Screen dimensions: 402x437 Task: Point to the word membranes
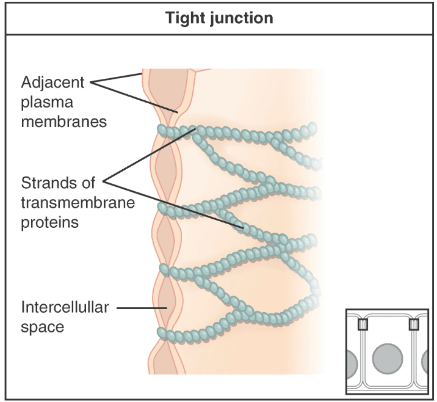tap(63, 121)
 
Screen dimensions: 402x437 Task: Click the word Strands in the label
tap(46, 182)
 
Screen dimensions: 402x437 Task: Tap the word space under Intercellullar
tap(42, 327)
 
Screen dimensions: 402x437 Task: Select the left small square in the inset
tap(362, 324)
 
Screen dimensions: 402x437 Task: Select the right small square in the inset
tap(413, 324)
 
